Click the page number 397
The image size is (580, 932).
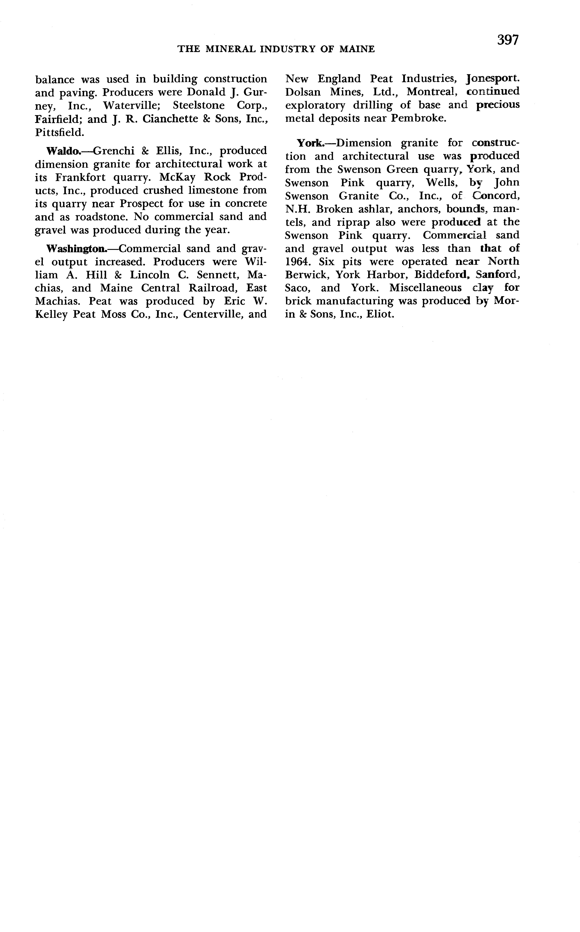[508, 40]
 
